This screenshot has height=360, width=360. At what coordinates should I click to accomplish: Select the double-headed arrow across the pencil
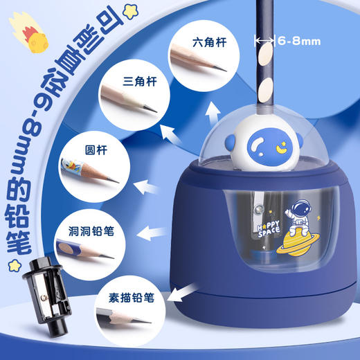pyautogui.click(x=264, y=42)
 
